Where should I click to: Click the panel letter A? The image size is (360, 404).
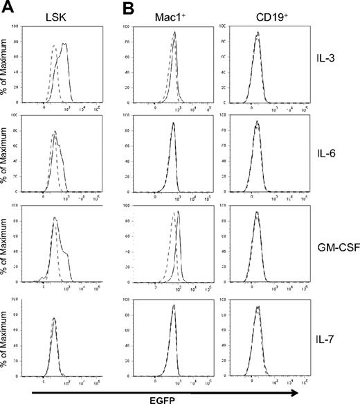coord(8,8)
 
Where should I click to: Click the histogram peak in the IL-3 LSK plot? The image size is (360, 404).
coord(65,44)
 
